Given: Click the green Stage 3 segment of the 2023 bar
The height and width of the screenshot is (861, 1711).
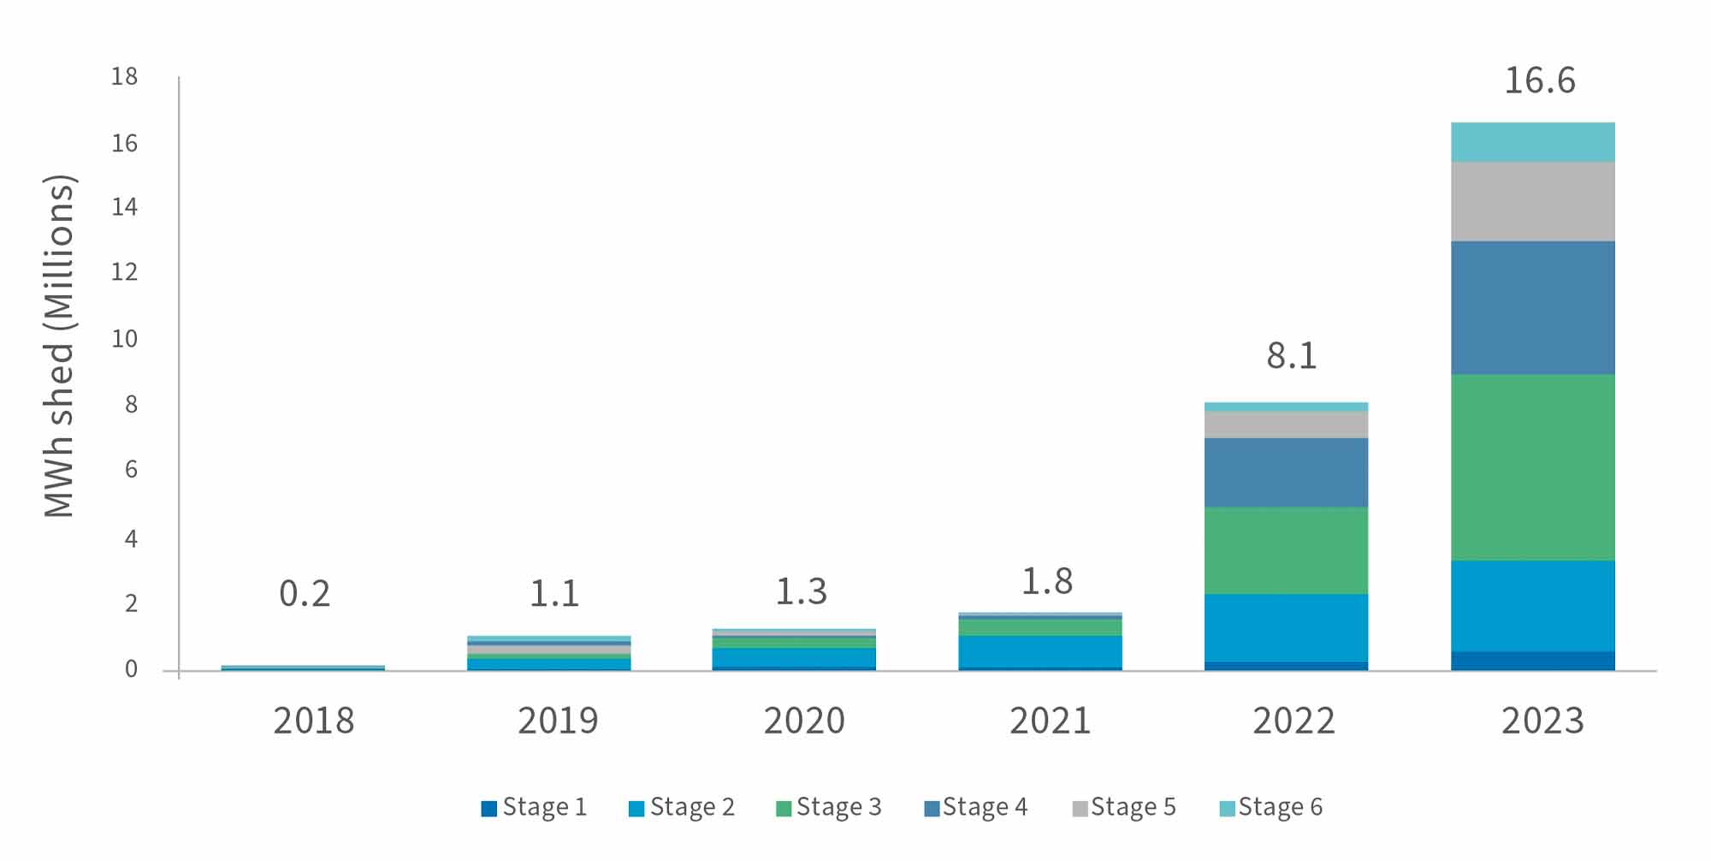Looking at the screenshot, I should tap(1532, 467).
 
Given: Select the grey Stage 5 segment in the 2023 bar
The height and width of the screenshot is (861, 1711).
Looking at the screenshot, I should tap(1532, 201).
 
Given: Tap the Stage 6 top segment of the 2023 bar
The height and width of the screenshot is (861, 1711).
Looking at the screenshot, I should tap(1532, 142).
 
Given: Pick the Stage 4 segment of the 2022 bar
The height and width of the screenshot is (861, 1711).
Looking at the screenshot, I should tap(1286, 472).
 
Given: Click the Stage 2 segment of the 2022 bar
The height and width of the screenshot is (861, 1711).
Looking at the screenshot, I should tap(1286, 627).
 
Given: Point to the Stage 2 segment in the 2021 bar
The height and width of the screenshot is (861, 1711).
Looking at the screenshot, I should tap(1039, 650).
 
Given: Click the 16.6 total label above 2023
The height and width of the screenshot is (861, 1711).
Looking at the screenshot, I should tap(1539, 81).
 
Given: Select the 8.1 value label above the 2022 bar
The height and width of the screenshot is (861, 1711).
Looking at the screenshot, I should tap(1291, 356).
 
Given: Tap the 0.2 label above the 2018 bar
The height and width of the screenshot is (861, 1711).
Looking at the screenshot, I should tap(305, 594).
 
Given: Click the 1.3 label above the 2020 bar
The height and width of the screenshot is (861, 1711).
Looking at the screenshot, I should tap(801, 592).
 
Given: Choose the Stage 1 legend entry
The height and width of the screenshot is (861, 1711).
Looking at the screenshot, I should tap(535, 807).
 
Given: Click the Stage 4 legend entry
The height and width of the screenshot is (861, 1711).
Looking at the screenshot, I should tap(976, 807).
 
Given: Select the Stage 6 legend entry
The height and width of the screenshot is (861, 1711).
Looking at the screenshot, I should tap(1271, 807).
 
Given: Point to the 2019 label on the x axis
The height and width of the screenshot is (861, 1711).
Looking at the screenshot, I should tap(558, 721).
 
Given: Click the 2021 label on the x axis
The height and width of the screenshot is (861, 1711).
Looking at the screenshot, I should tap(1050, 721).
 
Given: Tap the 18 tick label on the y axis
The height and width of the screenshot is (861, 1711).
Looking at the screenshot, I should tap(124, 77).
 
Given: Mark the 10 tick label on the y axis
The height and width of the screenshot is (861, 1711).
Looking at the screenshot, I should tap(124, 339).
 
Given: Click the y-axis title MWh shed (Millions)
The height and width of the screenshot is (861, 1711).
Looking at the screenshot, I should tap(60, 347).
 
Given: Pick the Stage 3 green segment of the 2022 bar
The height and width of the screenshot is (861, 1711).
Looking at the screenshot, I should tap(1286, 550).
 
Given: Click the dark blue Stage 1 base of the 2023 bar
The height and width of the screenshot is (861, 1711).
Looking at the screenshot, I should tap(1532, 661).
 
